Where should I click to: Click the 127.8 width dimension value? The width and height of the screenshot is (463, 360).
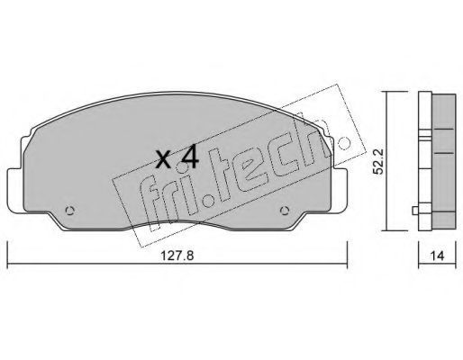[x=177, y=256]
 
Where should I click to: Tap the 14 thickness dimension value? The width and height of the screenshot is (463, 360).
[x=437, y=256]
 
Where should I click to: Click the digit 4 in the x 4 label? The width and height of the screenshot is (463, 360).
[x=188, y=156]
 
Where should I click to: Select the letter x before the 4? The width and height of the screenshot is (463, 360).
[x=164, y=159]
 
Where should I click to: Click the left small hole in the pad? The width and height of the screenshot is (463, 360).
[x=69, y=211]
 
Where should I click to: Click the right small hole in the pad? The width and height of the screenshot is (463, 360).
[x=285, y=211]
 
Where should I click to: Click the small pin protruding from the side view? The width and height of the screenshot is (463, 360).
[x=415, y=211]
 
